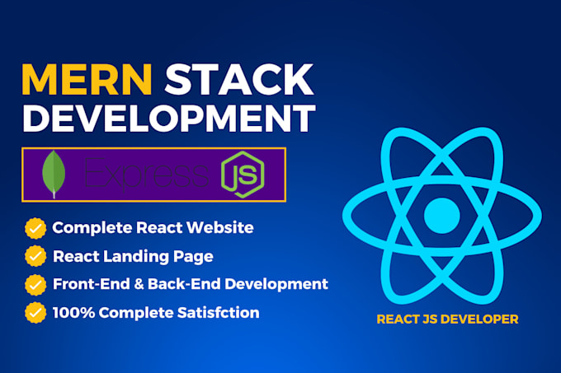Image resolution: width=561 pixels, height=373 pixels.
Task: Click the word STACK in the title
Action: [240, 80]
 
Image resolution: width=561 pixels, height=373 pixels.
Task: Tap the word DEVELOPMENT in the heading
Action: [168, 119]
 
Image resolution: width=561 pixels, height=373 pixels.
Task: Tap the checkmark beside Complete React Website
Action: [35, 226]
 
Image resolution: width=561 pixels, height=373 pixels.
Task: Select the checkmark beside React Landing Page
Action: [35, 255]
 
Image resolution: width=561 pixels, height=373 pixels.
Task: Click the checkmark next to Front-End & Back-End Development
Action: [35, 284]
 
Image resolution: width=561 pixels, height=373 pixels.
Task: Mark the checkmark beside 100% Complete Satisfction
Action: [35, 312]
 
